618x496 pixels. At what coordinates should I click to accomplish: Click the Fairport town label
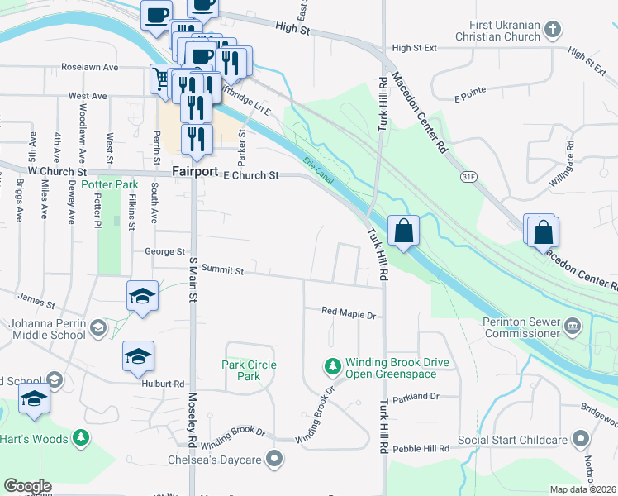(x=195, y=172)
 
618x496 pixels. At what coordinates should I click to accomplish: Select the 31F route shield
(x=469, y=176)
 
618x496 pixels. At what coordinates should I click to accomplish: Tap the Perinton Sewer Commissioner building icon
(x=571, y=328)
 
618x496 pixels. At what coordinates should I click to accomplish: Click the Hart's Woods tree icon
(x=80, y=436)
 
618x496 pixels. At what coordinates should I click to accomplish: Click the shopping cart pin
(x=161, y=79)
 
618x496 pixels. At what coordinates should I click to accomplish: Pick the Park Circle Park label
(x=249, y=370)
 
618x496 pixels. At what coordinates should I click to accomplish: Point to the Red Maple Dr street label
(x=349, y=314)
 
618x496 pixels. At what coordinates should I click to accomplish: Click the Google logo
(x=27, y=486)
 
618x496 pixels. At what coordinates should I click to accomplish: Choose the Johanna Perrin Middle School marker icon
(x=98, y=328)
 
